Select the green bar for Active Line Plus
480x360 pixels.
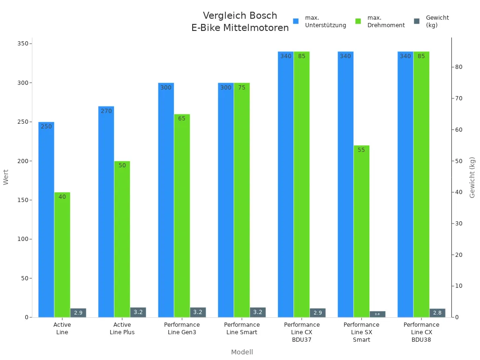pyautogui.click(x=122, y=239)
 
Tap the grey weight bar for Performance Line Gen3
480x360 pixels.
pyautogui.click(x=198, y=312)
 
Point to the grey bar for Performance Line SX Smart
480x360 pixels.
pyautogui.click(x=377, y=314)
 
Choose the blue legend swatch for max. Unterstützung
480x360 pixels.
pyautogui.click(x=296, y=22)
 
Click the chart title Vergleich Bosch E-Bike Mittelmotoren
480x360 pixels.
pyautogui.click(x=240, y=22)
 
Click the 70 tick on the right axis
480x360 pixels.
pyautogui.click(x=459, y=98)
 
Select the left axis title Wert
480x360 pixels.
pyautogui.click(x=6, y=177)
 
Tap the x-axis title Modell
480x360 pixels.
pyautogui.click(x=242, y=352)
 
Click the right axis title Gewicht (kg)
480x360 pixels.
pyautogui.click(x=472, y=177)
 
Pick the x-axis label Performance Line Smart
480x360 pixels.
pyautogui.click(x=242, y=329)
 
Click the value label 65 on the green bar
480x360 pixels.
pyautogui.click(x=182, y=119)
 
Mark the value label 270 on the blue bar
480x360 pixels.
pyautogui.click(x=106, y=111)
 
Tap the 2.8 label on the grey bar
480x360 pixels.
pyautogui.click(x=437, y=313)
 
